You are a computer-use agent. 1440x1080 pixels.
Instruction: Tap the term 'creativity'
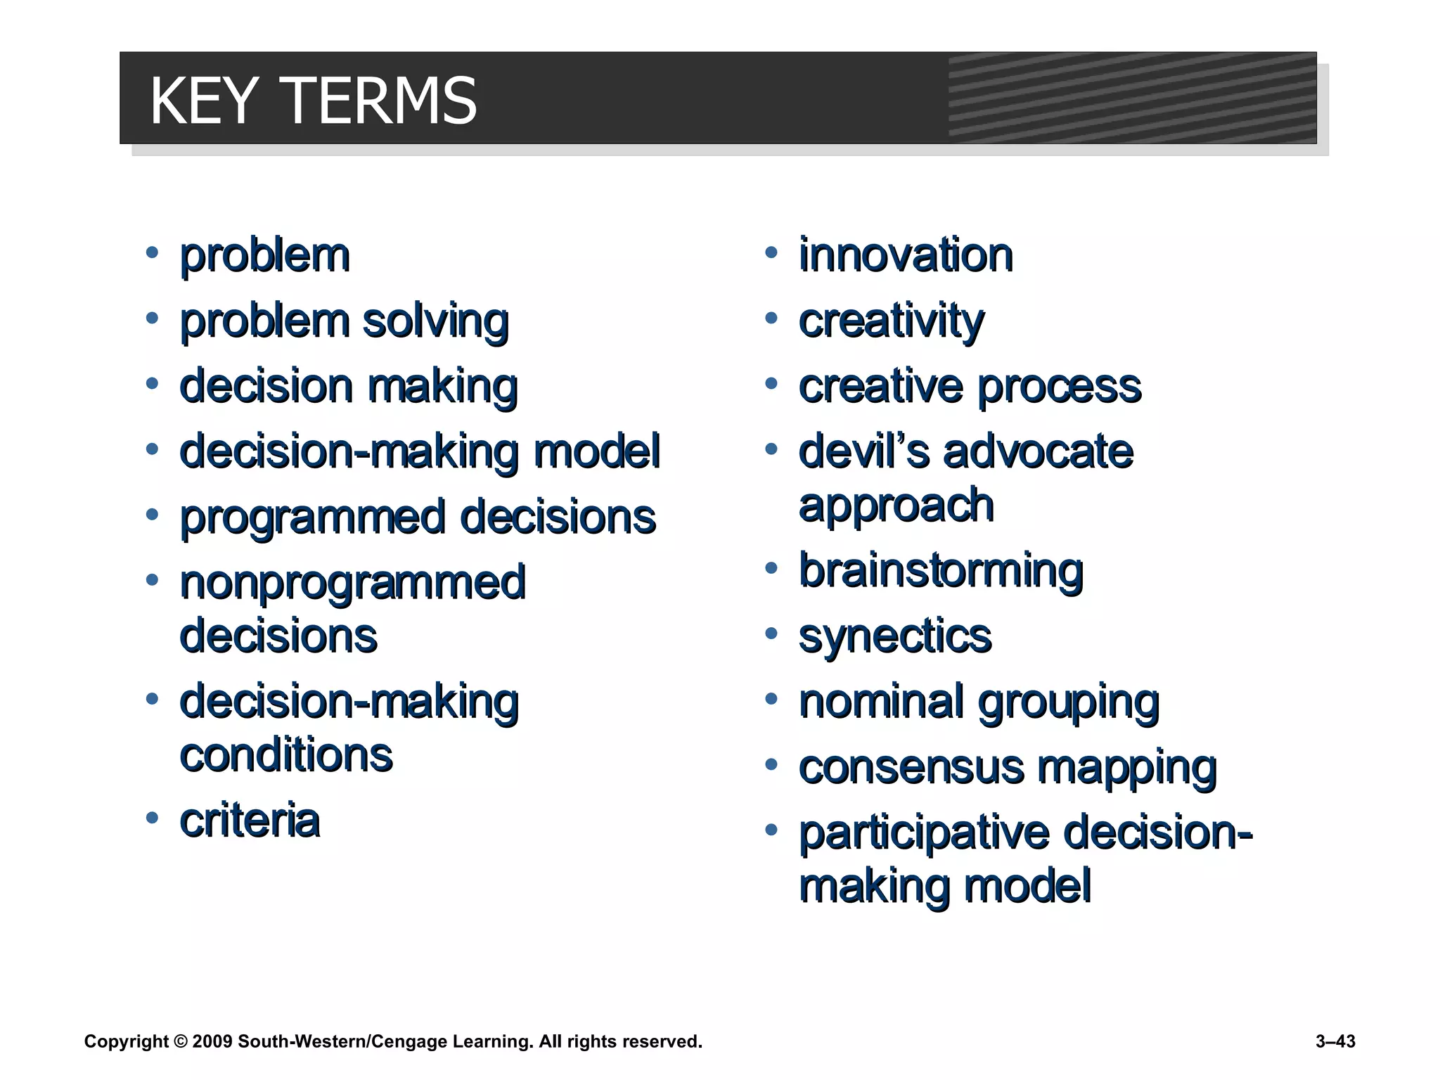point(891,321)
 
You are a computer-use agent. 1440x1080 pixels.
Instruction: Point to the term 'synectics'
point(894,636)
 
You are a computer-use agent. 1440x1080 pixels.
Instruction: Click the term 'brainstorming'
point(941,570)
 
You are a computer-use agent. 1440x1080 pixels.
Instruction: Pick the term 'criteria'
point(250,821)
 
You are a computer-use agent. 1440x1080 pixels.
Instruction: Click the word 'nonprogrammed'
point(352,584)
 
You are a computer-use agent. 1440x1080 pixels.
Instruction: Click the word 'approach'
point(896,506)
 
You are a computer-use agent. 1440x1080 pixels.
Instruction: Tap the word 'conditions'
point(285,755)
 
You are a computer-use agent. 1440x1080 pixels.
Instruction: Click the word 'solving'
point(435,322)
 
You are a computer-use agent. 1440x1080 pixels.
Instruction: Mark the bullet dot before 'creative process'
point(771,384)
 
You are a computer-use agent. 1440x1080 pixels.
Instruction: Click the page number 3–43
point(1335,1041)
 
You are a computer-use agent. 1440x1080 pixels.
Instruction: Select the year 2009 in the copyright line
point(212,1041)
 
